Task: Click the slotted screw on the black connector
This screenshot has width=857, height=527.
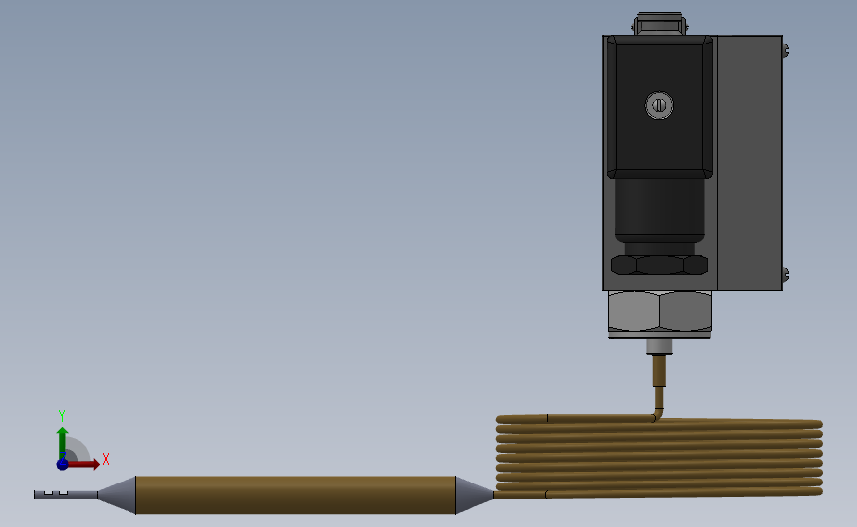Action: (659, 105)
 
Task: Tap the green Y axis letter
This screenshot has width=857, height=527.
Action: (62, 416)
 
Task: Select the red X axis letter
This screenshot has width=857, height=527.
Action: (106, 459)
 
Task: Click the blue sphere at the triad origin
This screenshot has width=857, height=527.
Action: (63, 464)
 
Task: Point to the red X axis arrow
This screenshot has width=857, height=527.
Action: (82, 464)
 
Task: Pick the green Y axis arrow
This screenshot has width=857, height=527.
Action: (63, 443)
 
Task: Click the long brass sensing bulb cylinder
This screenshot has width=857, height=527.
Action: (296, 494)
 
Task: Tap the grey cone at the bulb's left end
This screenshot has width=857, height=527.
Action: (118, 494)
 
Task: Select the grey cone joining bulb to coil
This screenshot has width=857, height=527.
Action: (473, 494)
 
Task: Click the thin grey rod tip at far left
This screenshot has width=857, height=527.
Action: (65, 494)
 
